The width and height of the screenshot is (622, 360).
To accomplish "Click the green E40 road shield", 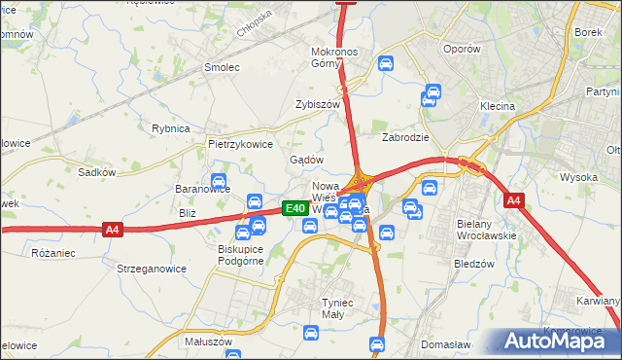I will [x=295, y=208].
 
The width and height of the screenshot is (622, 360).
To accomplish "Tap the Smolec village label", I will [x=221, y=67].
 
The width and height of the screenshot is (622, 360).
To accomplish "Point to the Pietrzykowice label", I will [x=239, y=143].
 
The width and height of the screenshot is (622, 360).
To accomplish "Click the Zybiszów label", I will [x=318, y=104].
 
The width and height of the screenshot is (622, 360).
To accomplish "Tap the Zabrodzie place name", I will [x=405, y=137].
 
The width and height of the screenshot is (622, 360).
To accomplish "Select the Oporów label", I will [x=461, y=49].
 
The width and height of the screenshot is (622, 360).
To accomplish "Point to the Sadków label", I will [x=97, y=172].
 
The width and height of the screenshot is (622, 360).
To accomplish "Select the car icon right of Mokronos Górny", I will [x=385, y=64].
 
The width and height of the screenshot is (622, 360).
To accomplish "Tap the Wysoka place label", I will [x=578, y=177].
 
